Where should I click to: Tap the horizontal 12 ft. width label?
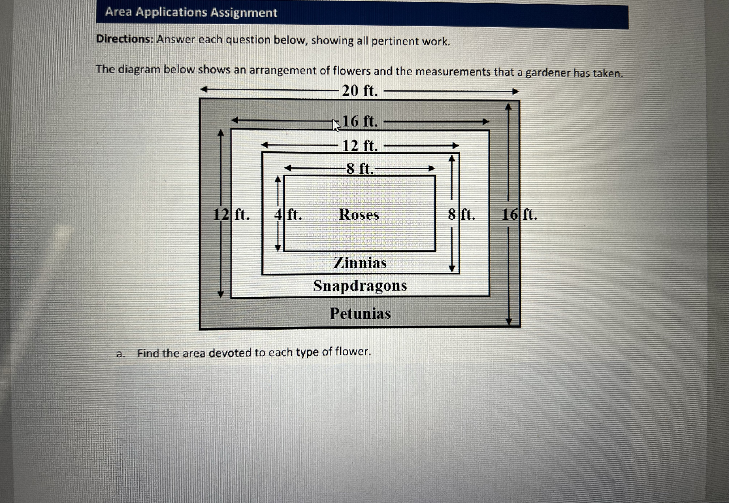click(x=360, y=146)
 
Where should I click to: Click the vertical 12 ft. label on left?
click(x=231, y=215)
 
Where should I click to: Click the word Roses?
click(x=359, y=215)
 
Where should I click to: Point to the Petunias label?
click(x=360, y=314)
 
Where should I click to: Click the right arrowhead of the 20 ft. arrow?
click(x=515, y=92)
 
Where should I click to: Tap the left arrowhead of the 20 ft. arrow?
click(x=204, y=90)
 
